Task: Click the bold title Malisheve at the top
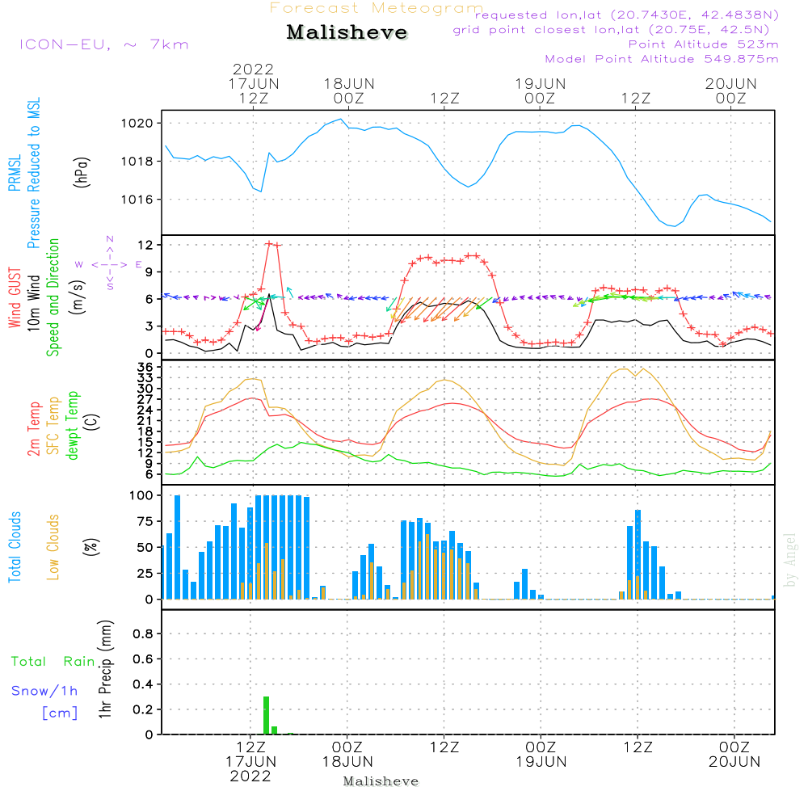click(x=347, y=32)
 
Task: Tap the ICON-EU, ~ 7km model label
click(x=104, y=44)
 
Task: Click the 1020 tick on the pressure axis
click(x=137, y=123)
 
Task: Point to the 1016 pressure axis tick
click(x=137, y=200)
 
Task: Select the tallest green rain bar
click(x=266, y=715)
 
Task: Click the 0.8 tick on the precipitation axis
click(x=143, y=633)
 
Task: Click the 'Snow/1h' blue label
click(x=44, y=691)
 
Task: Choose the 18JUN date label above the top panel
click(x=349, y=84)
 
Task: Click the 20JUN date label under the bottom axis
click(x=734, y=762)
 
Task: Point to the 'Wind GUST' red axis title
click(x=15, y=297)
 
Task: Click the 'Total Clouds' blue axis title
click(x=15, y=547)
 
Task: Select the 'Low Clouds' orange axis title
click(x=53, y=547)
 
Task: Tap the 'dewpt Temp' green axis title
click(x=73, y=425)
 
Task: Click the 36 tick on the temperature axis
click(x=145, y=367)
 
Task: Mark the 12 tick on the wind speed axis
click(x=145, y=245)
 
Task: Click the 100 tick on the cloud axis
click(x=141, y=495)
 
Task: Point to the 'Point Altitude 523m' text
click(x=703, y=44)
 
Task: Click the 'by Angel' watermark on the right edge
click(x=790, y=560)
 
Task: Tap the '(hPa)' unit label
click(x=82, y=172)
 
